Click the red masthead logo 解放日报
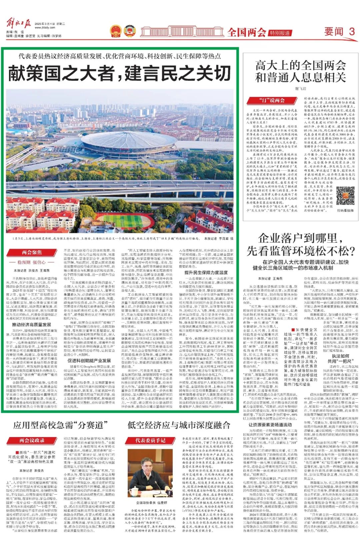coord(19,24)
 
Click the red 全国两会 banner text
coord(247,32)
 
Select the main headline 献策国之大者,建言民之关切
coord(119,73)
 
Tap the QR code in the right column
coord(345,196)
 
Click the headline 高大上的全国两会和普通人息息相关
coord(300,71)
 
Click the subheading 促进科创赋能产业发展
coord(89,360)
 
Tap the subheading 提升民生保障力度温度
coord(206,273)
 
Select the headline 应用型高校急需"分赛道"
coord(60,425)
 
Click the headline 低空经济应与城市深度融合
coord(179,425)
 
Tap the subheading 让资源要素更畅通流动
coord(270,424)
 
